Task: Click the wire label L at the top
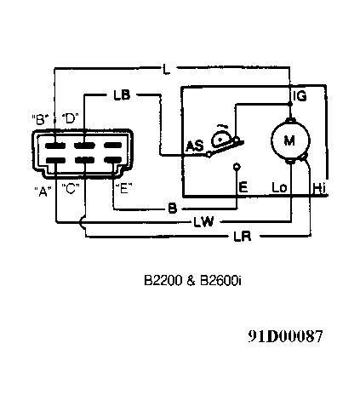click(167, 69)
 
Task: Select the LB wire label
click(122, 95)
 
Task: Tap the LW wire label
click(203, 221)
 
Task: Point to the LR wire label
click(243, 236)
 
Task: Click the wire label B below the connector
click(173, 209)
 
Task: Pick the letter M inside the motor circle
click(289, 140)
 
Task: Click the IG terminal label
click(300, 96)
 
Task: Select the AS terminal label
click(195, 146)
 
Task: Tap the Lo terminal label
click(279, 187)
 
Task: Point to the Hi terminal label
click(319, 188)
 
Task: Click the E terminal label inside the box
click(243, 187)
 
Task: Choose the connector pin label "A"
click(43, 192)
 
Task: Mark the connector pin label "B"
click(40, 119)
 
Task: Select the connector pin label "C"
click(71, 189)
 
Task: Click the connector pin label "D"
click(70, 118)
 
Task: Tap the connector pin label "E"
click(124, 188)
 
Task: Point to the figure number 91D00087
click(285, 336)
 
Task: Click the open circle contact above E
click(237, 167)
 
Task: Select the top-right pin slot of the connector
click(113, 146)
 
